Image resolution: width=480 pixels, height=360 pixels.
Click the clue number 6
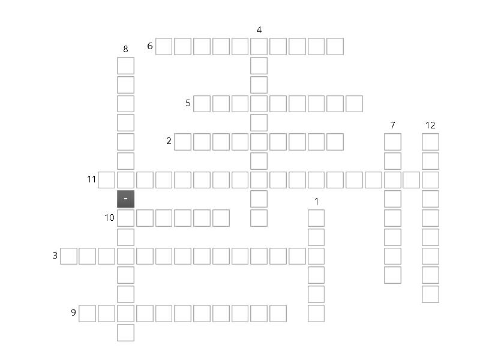[150, 46]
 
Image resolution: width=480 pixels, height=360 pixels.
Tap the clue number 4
[259, 30]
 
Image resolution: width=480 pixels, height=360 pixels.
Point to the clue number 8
[125, 49]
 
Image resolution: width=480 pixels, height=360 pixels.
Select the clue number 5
[188, 104]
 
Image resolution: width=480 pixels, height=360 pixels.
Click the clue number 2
[169, 142]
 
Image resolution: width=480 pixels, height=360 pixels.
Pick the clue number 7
[392, 125]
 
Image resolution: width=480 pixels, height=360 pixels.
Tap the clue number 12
[430, 125]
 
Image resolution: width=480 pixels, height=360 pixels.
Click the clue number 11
[91, 179]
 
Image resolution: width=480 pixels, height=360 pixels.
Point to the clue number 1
[316, 202]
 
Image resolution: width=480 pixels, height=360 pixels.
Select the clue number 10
[109, 218]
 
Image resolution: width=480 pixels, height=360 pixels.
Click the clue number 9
[73, 313]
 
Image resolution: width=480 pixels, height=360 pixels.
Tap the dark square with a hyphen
[125, 199]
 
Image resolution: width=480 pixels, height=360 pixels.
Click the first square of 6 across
[164, 46]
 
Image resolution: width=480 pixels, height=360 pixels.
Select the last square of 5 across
[355, 104]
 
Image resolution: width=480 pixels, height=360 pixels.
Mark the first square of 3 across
[68, 256]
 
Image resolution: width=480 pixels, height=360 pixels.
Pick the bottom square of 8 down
[125, 332]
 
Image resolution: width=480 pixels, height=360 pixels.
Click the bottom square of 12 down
[430, 294]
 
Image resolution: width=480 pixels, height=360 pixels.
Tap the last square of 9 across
[278, 313]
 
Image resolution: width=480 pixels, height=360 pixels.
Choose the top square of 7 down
[392, 142]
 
